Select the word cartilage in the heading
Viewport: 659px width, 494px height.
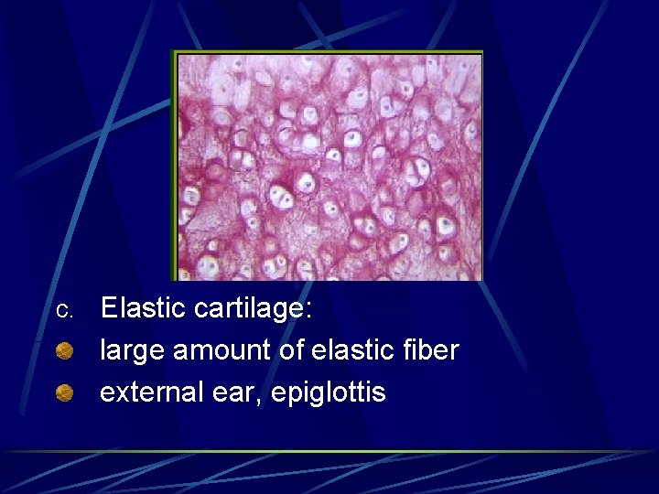coord(253,308)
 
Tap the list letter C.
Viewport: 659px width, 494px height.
coord(63,311)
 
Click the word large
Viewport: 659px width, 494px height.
coord(128,351)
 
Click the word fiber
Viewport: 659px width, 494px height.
coord(427,350)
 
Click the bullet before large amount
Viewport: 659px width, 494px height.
coord(64,351)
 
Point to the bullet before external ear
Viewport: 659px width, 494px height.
coord(64,393)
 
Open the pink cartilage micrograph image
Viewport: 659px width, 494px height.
coord(329,166)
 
